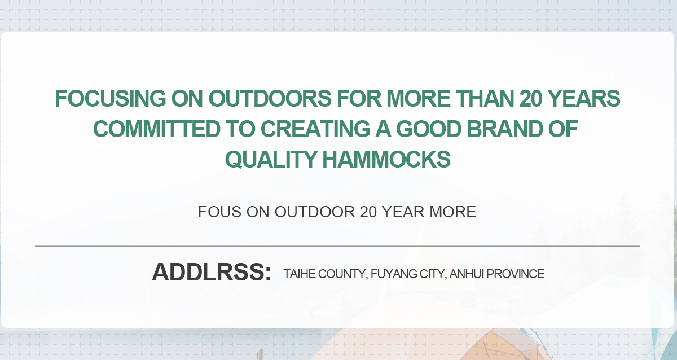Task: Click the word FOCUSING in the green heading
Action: (x=111, y=99)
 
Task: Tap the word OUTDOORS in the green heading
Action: (x=270, y=99)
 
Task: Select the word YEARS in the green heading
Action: (x=584, y=99)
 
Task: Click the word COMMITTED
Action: (x=157, y=129)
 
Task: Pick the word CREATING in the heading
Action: (x=315, y=129)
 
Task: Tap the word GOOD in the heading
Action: (x=429, y=129)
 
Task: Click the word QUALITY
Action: (x=271, y=160)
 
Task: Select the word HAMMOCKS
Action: (x=386, y=160)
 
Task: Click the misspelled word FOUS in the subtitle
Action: (x=219, y=212)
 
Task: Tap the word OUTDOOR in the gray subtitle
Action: (x=315, y=212)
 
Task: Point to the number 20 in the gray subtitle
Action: (x=368, y=212)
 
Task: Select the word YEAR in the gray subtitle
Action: (x=403, y=212)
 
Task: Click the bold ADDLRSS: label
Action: (x=211, y=272)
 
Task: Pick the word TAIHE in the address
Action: (x=300, y=274)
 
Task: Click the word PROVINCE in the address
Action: (x=516, y=274)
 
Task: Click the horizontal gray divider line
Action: (x=337, y=246)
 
